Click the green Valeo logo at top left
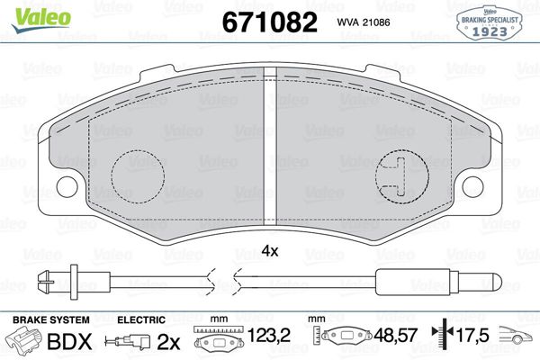pos(41,20)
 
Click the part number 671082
pos(270,22)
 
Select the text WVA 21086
pos(364,22)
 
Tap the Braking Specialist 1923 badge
pos(490,23)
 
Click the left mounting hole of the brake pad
pos(67,187)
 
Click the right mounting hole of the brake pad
pos(472,187)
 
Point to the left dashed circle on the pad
pos(138,176)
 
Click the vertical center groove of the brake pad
pos(270,146)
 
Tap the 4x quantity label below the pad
pos(270,251)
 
